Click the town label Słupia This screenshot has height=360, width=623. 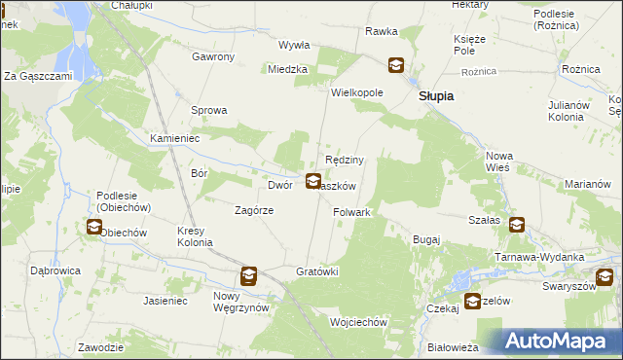pyautogui.click(x=438, y=97)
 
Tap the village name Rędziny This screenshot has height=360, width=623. pyautogui.click(x=345, y=161)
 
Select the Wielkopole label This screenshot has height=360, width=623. pyautogui.click(x=357, y=92)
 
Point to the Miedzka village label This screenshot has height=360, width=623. pyautogui.click(x=289, y=69)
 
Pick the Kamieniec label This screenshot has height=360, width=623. pyautogui.click(x=174, y=139)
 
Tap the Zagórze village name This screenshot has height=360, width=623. pyautogui.click(x=254, y=210)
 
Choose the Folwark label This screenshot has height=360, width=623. pyautogui.click(x=352, y=212)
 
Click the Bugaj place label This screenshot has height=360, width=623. pyautogui.click(x=426, y=238)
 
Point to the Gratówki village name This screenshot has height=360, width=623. pyautogui.click(x=316, y=271)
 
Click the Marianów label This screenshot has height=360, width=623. pyautogui.click(x=587, y=185)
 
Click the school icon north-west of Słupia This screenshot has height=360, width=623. pyautogui.click(x=396, y=66)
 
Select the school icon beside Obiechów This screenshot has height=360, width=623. pyautogui.click(x=93, y=228)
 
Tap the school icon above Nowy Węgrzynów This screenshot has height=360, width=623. pyautogui.click(x=249, y=275)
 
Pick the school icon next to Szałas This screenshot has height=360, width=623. pyautogui.click(x=516, y=225)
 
